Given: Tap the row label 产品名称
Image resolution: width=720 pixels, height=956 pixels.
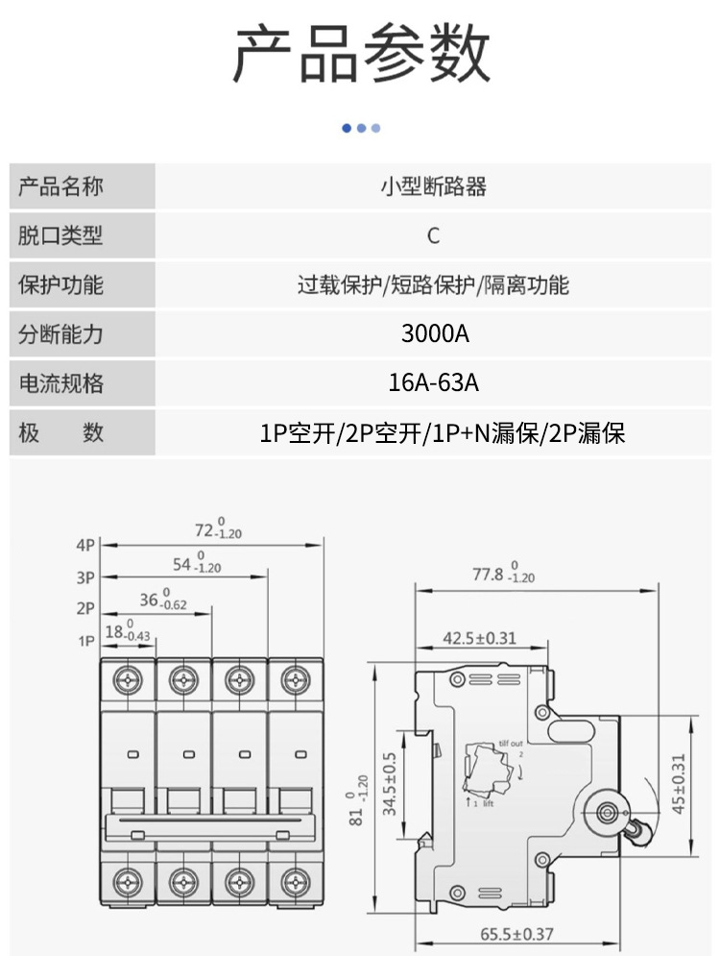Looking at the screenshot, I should [61, 186].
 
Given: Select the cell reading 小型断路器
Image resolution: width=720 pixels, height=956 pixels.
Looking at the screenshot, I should [434, 186].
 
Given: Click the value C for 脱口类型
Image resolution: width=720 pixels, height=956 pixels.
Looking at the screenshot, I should [434, 236].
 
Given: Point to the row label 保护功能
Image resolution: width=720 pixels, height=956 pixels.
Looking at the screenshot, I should [61, 285].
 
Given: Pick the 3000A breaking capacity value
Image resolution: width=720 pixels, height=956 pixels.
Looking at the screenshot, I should [434, 334].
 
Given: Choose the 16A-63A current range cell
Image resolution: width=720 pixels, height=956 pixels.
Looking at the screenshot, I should [434, 383].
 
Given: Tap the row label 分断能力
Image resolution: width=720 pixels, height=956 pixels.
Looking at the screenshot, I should [61, 334].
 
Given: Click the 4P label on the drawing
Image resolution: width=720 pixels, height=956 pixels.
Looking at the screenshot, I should [86, 545].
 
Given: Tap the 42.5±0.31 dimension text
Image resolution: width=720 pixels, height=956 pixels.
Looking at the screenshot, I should [480, 637].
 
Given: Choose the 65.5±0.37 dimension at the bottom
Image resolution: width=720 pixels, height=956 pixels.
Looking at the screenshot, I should [516, 934].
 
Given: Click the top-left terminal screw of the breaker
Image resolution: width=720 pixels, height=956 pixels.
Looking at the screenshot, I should [127, 680].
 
